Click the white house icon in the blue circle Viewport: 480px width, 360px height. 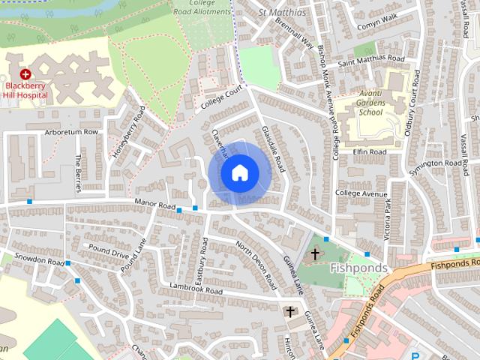pos(238,173)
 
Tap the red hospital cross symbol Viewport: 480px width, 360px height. pos(25,74)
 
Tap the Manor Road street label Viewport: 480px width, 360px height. pos(155,204)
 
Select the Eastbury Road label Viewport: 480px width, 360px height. pos(201,259)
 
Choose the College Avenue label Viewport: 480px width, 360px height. pos(363,193)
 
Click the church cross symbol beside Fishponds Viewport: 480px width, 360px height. pos(316,253)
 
